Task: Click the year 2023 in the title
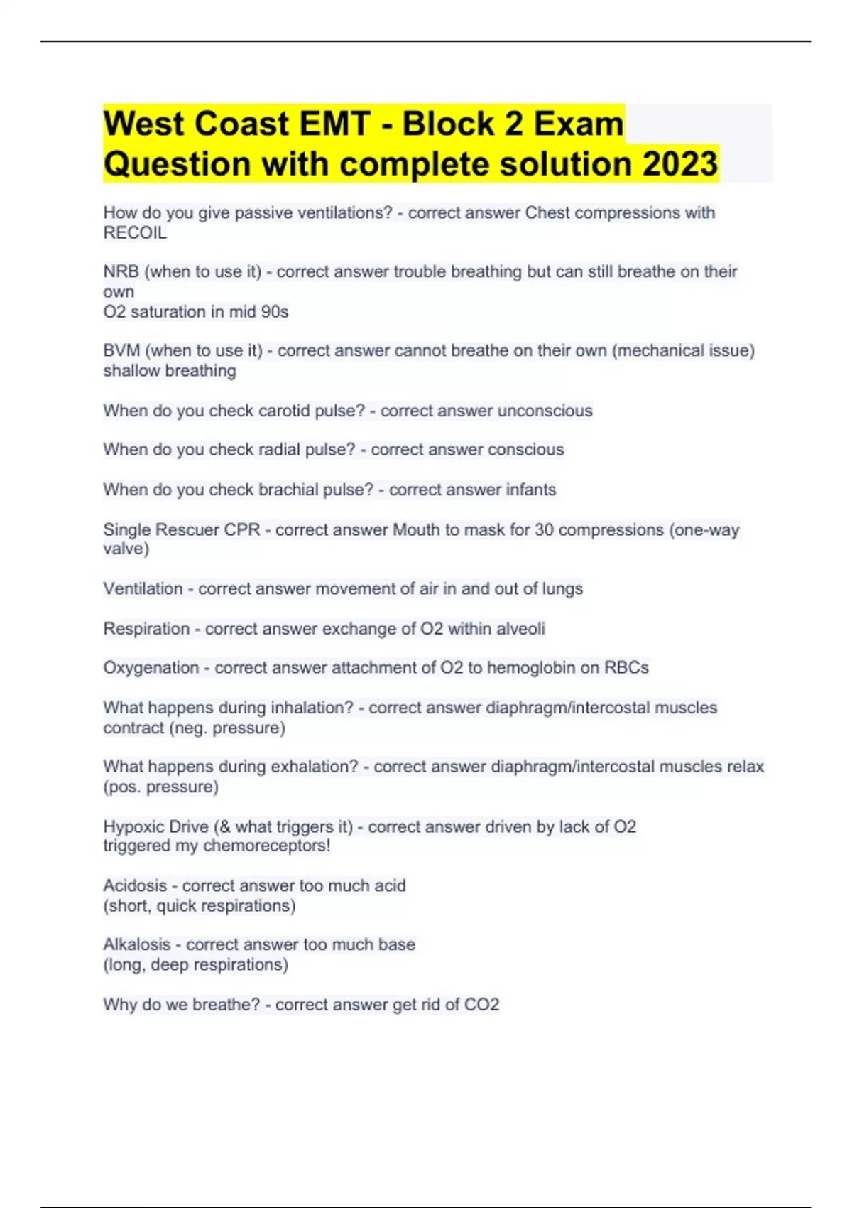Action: point(680,164)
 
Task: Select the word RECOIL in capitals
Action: point(135,233)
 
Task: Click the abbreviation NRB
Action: point(121,271)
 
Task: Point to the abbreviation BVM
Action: point(121,350)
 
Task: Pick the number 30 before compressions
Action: point(544,529)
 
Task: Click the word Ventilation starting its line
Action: point(143,589)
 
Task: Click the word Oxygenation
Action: point(151,668)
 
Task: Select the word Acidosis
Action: point(134,886)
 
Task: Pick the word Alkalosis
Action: point(136,945)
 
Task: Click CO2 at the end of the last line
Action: point(481,1005)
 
